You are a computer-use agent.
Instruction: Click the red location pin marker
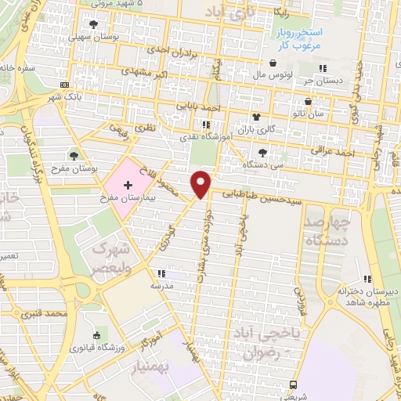[x=201, y=183]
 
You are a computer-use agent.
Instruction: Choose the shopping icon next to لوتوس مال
[x=272, y=63]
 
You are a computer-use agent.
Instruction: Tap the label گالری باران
[x=240, y=128]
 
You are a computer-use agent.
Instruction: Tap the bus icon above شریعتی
[x=293, y=385]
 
